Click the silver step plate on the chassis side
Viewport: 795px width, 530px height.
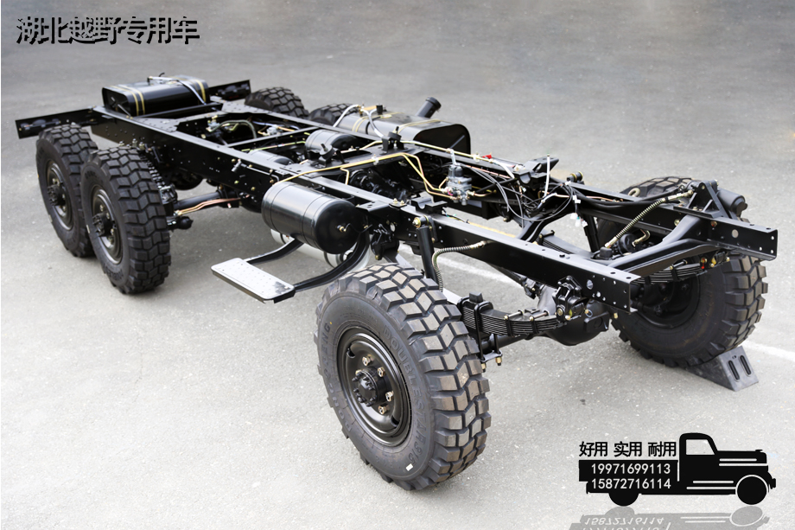pyautogui.click(x=252, y=279)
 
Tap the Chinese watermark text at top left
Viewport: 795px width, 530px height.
pyautogui.click(x=108, y=30)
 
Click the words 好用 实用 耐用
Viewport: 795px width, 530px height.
pyautogui.click(x=627, y=449)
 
